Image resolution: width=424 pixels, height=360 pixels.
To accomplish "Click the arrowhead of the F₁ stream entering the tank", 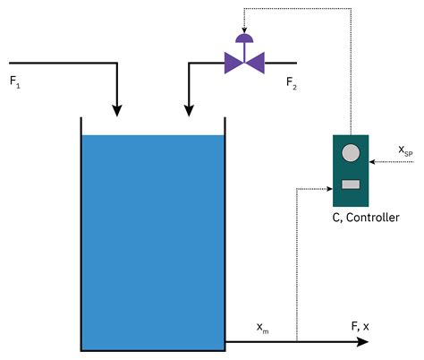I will pyautogui.click(x=116, y=109).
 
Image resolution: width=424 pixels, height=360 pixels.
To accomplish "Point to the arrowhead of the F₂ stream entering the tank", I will pyautogui.click(x=189, y=109).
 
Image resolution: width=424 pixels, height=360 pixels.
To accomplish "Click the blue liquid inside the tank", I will pyautogui.click(x=152, y=242).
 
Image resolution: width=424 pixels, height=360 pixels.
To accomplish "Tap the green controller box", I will pyautogui.click(x=351, y=171).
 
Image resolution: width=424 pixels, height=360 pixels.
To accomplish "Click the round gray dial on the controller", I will pyautogui.click(x=351, y=153).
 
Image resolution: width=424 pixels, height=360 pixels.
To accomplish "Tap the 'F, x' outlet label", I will pyautogui.click(x=359, y=326).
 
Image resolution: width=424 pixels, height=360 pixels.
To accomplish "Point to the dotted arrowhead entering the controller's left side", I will pyautogui.click(x=327, y=188).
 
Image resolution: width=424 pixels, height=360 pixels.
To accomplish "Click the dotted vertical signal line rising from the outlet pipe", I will pyautogui.click(x=296, y=269).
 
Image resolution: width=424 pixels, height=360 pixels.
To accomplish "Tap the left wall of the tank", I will pyautogui.click(x=81, y=233).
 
